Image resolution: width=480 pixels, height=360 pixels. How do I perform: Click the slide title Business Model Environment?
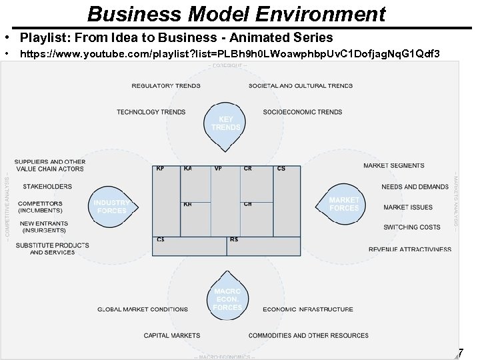click(x=236, y=13)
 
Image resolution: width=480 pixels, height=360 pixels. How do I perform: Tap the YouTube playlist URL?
click(x=230, y=52)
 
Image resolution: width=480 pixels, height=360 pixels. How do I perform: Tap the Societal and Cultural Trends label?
click(x=300, y=85)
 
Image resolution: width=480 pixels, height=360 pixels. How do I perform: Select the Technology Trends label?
click(x=151, y=112)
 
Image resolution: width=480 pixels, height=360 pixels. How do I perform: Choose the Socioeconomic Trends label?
click(x=302, y=112)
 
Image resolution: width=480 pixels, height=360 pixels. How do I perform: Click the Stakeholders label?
click(x=47, y=187)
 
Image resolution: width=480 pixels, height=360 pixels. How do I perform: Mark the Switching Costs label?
click(x=412, y=227)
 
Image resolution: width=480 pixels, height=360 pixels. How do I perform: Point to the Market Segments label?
click(x=393, y=165)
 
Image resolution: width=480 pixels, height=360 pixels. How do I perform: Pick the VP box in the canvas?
click(x=225, y=200)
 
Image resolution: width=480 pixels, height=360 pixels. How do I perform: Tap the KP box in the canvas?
click(x=167, y=200)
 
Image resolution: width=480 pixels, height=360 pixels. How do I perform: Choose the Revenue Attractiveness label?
click(x=409, y=249)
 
